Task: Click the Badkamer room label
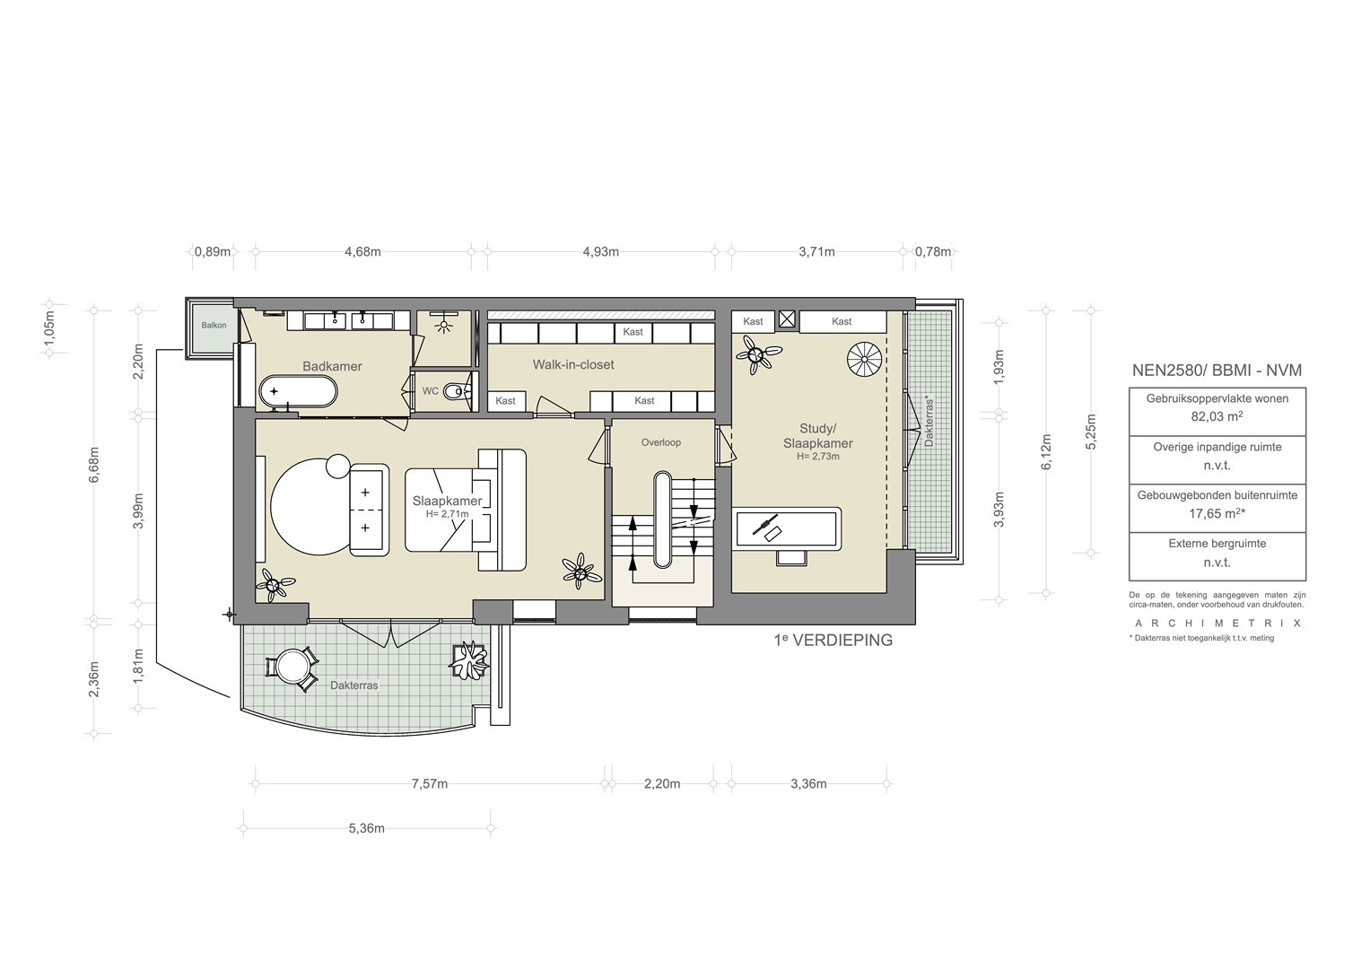[x=332, y=366]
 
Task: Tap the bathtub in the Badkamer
[x=298, y=391]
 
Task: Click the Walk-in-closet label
[x=573, y=364]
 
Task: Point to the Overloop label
[x=660, y=442]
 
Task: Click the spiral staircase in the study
[x=865, y=359]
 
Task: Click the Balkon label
[x=214, y=326]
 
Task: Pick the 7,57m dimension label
[x=430, y=784]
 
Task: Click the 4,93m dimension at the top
[x=600, y=252]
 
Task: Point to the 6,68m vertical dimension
[x=93, y=465]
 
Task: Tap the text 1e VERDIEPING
[x=833, y=641]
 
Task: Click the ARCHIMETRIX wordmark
[x=1217, y=624]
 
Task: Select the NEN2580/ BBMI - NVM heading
[x=1217, y=370]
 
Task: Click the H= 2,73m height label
[x=818, y=457]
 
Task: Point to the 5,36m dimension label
[x=366, y=829]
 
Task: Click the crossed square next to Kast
[x=787, y=320]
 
